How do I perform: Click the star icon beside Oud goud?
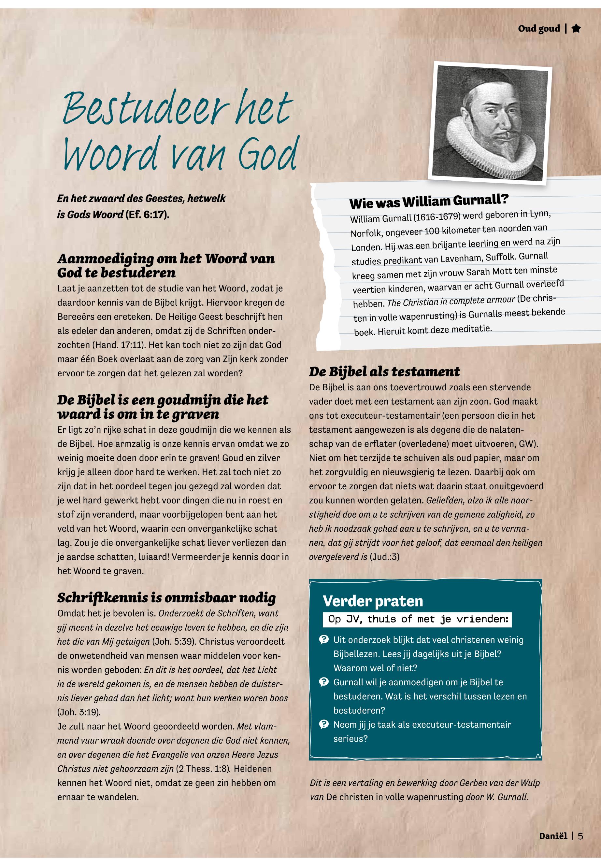tap(576, 29)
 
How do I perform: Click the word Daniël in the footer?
tap(553, 836)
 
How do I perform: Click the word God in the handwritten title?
tap(268, 154)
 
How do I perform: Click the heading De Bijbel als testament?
tap(384, 372)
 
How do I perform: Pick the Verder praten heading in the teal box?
tap(373, 601)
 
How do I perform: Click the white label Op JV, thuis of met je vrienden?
tap(417, 619)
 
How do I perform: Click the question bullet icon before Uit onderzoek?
tap(323, 640)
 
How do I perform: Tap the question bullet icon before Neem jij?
tap(323, 724)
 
